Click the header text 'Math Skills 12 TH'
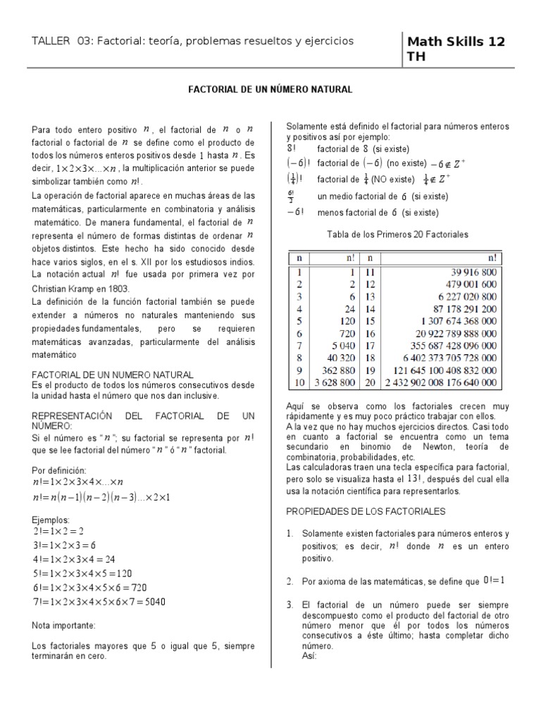click(456, 49)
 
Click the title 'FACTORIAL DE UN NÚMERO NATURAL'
click(270, 91)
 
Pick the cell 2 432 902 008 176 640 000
click(440, 383)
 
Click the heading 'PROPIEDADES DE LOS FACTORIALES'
click(366, 510)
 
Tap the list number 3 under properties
click(290, 605)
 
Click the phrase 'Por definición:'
click(58, 470)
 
